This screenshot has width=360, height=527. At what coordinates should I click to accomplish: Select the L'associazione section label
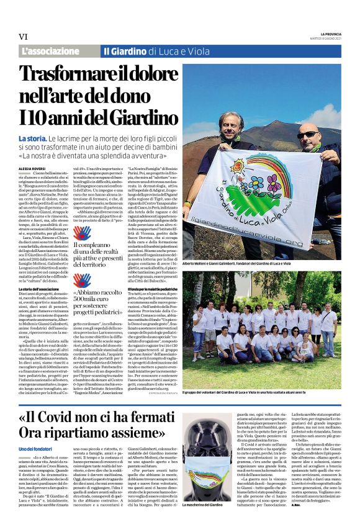click(45, 51)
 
